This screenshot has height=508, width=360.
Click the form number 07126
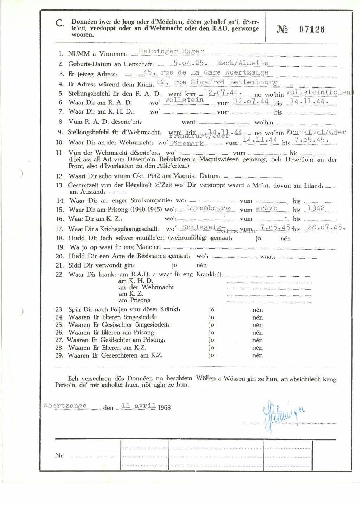[x=312, y=30]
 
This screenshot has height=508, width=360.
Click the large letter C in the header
[x=60, y=24]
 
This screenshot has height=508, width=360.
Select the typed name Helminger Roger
[x=171, y=51]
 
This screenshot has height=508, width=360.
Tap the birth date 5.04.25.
[x=190, y=63]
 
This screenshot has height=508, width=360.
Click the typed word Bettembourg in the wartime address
[x=253, y=82]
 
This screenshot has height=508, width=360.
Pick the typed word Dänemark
[x=186, y=143]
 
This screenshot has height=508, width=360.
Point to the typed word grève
[x=266, y=208]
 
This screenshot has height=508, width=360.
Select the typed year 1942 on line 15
[x=316, y=208]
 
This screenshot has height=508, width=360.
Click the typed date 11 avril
[x=138, y=406]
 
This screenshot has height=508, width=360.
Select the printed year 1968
[x=164, y=407]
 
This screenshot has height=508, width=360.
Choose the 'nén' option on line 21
[x=201, y=265]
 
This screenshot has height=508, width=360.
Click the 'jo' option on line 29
[x=211, y=355]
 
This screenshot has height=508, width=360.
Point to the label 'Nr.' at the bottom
[x=60, y=456]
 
